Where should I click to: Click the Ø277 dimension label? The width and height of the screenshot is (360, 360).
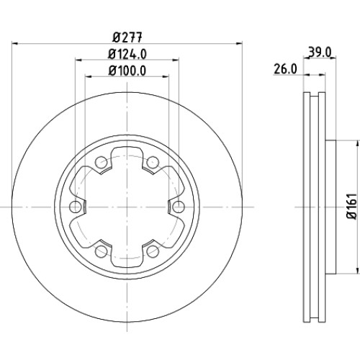(x=127, y=37)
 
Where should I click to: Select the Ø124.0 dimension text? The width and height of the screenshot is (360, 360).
(x=127, y=54)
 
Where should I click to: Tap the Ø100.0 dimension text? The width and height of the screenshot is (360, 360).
(x=127, y=71)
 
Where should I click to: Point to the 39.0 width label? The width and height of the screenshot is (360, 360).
(x=320, y=52)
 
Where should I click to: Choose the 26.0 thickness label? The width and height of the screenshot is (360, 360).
(x=285, y=69)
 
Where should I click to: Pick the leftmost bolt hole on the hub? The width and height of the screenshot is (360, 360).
(x=75, y=207)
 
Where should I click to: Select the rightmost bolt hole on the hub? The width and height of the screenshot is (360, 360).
(x=179, y=207)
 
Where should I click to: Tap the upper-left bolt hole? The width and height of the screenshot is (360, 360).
(x=101, y=162)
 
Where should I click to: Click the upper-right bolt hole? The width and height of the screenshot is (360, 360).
(x=153, y=162)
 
